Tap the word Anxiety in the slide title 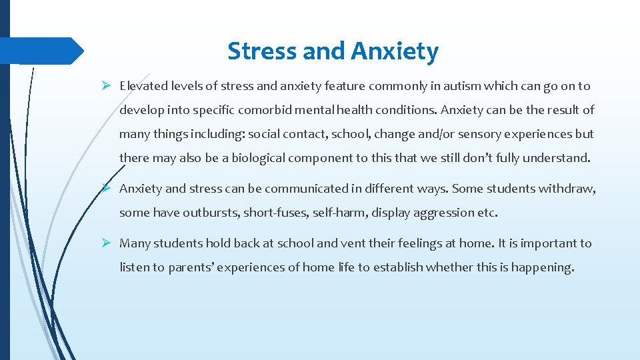(x=395, y=51)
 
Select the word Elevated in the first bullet (x=143, y=86)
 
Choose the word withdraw (x=567, y=189)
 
